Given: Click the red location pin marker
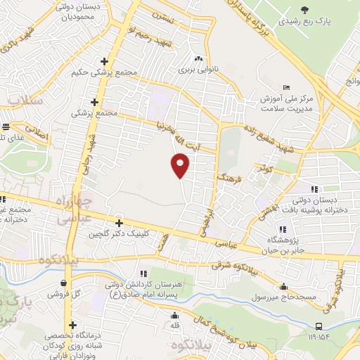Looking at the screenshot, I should coord(180,165).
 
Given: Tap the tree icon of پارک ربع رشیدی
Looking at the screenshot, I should coord(304,10).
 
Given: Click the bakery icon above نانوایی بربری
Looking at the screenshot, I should coord(198,60).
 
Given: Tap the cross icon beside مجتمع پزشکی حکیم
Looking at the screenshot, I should coord(104,60).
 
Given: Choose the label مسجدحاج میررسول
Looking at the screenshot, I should coord(285,297).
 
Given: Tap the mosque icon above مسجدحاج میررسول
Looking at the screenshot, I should coord(284,287).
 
